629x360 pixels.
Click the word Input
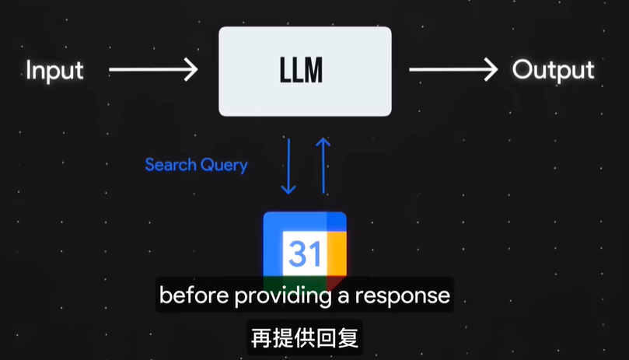[x=54, y=71]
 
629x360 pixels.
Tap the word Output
[x=553, y=71]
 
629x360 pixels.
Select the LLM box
[x=303, y=72]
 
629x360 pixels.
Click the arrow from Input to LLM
[x=153, y=72]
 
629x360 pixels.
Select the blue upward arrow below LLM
[x=323, y=166]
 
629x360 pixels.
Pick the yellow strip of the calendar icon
[x=336, y=252]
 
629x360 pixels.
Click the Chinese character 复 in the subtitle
[x=351, y=339]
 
